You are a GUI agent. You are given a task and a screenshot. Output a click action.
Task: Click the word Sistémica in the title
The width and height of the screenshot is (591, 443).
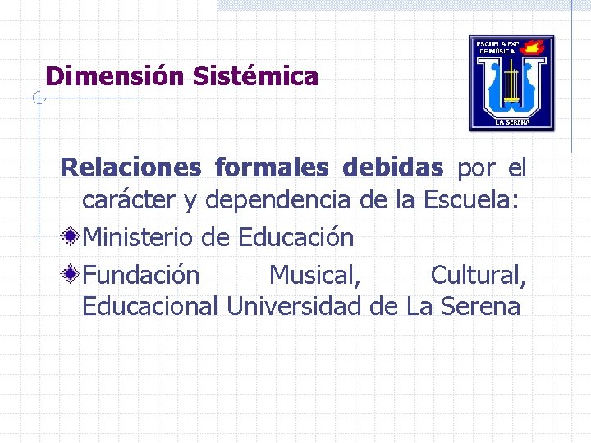click(x=255, y=77)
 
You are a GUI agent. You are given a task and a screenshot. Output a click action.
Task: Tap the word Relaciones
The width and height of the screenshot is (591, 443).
click(x=131, y=168)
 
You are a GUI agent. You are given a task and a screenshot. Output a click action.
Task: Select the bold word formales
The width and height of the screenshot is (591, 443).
click(x=270, y=168)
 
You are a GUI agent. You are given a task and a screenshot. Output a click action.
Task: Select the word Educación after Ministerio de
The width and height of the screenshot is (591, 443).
click(x=295, y=238)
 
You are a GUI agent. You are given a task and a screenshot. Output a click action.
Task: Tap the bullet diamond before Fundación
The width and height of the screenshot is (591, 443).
click(x=72, y=273)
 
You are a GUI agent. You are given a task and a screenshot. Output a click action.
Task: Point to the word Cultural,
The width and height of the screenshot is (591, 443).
click(x=479, y=275)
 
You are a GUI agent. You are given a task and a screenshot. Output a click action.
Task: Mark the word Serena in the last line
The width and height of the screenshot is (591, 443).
click(x=480, y=307)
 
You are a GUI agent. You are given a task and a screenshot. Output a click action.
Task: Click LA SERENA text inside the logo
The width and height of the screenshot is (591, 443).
click(x=511, y=122)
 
